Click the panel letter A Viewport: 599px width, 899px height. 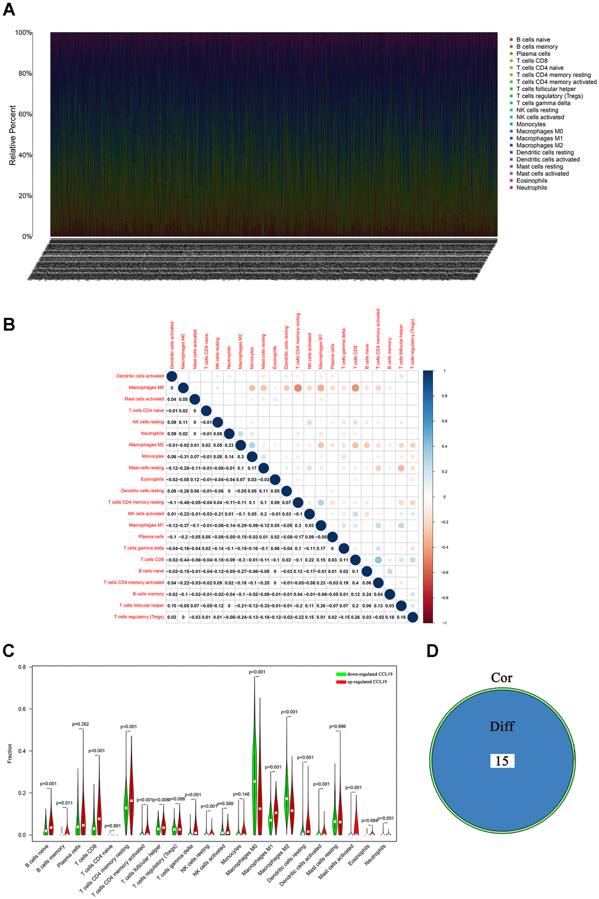[x=9, y=11]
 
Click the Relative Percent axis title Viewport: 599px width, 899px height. [x=13, y=135]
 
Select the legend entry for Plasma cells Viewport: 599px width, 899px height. [x=533, y=54]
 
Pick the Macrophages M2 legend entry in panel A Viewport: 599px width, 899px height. [x=539, y=146]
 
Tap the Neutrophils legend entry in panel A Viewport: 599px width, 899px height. [x=531, y=188]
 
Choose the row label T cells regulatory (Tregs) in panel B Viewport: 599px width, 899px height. [x=140, y=617]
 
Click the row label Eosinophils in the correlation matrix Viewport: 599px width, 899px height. [x=153, y=479]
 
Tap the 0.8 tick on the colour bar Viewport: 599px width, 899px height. [x=444, y=396]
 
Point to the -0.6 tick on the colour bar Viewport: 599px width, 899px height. [x=444, y=573]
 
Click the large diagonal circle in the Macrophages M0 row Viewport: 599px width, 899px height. [x=183, y=388]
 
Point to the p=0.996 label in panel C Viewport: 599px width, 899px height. [x=338, y=726]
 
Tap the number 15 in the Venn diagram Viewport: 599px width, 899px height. [x=502, y=761]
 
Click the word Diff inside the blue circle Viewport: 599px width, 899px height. [x=502, y=727]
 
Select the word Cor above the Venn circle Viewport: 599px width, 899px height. [x=502, y=678]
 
